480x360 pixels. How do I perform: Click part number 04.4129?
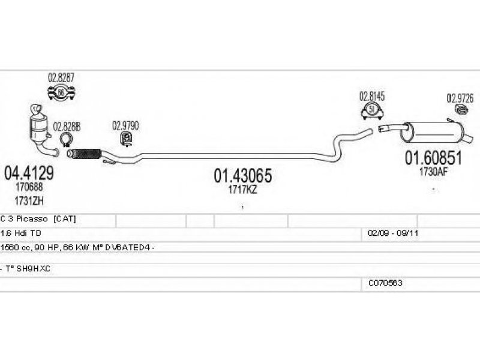coord(29,173)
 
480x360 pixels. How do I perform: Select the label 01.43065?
coord(243,175)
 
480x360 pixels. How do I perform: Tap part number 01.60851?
coord(433,158)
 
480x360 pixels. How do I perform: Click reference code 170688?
coord(29,188)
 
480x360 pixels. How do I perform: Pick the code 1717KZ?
coord(243,189)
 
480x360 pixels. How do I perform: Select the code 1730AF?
coord(433,171)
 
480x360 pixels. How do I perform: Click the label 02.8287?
coord(61,79)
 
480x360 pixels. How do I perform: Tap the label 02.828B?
coord(67,127)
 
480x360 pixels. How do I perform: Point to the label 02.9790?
coord(125,126)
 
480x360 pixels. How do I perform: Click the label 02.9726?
coord(460,98)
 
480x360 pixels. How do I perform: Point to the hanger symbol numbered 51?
coord(371,110)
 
